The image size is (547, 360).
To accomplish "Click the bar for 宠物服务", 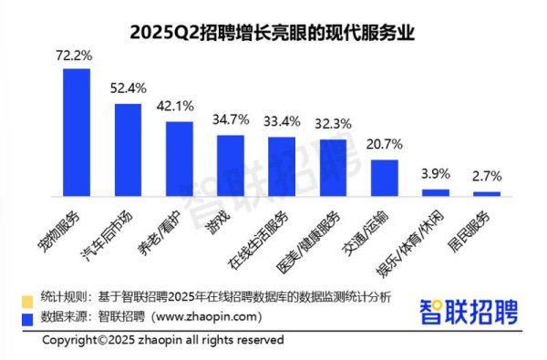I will coord(76,132).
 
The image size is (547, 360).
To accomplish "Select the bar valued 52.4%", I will coord(128,149).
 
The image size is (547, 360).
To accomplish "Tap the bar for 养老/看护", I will coord(179,159).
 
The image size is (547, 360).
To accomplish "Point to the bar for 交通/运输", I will coord(385,178).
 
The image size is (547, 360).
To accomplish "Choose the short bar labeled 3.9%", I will coord(436,192).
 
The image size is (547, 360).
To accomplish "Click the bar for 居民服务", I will coord(488,193).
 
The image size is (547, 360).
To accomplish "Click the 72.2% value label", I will coord(76,57).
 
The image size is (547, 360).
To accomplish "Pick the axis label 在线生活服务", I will coord(272,235).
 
